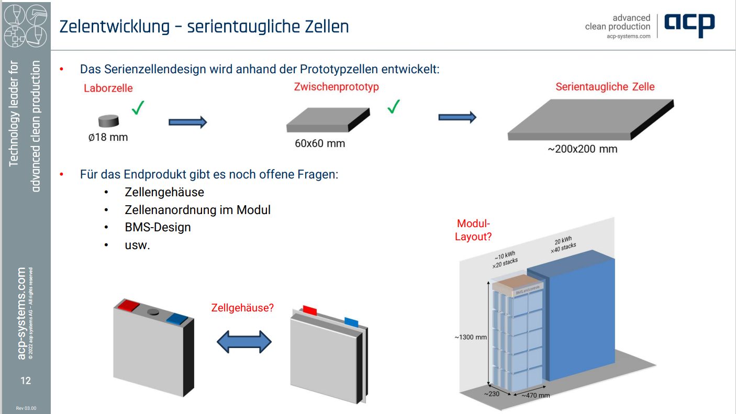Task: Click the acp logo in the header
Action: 689,24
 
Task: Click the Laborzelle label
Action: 108,88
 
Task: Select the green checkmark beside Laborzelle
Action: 138,108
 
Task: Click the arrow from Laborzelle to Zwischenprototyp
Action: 187,122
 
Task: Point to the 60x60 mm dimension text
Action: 320,143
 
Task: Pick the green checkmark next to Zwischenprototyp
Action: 393,107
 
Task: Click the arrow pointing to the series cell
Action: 457,117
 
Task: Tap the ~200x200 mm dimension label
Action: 583,149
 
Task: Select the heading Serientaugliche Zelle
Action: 605,86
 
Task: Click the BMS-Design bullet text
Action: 158,227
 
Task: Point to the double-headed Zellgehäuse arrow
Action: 244,342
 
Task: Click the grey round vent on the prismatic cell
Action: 153,312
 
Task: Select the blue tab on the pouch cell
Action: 351,321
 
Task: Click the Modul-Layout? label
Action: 473,230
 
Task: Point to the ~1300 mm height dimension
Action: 471,337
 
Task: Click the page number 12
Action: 26,381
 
